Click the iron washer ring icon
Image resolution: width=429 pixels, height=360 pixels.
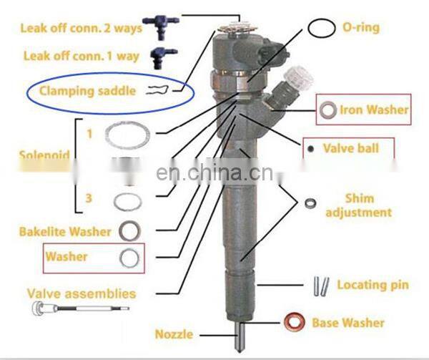(329, 111)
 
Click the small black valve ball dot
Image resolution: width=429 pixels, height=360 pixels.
(311, 150)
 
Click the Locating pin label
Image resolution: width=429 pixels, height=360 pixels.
(373, 285)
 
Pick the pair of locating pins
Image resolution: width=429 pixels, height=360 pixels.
(320, 286)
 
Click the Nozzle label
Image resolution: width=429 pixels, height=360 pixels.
(174, 334)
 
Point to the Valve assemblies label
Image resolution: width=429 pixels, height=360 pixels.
(81, 293)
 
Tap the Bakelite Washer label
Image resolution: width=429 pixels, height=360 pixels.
(64, 232)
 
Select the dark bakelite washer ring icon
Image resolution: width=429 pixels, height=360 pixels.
(129, 232)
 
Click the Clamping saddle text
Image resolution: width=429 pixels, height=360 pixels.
(87, 92)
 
